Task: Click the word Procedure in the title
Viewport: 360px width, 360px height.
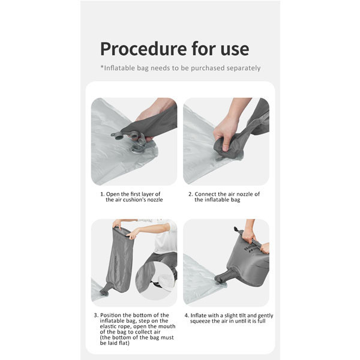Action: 144,50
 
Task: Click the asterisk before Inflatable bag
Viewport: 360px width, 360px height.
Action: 102,67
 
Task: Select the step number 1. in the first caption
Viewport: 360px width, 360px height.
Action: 103,194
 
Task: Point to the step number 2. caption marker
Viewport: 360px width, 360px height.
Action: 191,194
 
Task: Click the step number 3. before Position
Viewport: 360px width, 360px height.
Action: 96,315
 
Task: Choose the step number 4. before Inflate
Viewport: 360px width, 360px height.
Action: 187,316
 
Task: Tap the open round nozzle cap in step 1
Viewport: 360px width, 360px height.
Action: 118,136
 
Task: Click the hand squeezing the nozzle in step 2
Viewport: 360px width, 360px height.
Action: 226,134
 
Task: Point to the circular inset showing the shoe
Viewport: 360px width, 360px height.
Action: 156,281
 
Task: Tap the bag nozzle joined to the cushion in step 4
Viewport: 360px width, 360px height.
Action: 222,277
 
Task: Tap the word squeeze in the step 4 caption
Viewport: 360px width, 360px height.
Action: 200,321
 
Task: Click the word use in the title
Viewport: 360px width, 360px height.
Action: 235,50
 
